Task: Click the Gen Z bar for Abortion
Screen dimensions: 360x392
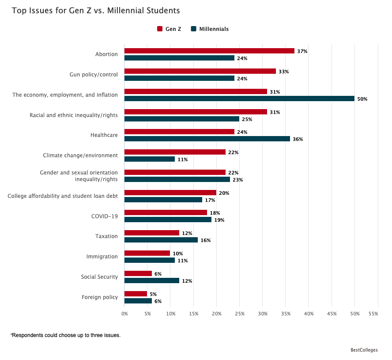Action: (x=209, y=51)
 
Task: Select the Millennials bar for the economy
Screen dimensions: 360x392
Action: (x=239, y=99)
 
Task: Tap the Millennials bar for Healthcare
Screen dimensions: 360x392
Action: (x=207, y=139)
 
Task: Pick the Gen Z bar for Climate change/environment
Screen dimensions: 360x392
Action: (x=175, y=152)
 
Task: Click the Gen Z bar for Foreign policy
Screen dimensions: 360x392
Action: (x=136, y=294)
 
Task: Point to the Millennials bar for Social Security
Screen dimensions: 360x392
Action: (x=152, y=280)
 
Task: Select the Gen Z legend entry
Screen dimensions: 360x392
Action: (x=169, y=29)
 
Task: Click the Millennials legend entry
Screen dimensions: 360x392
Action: (x=210, y=29)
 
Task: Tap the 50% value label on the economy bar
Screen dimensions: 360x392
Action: (x=362, y=99)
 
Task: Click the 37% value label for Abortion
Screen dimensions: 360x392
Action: (x=302, y=51)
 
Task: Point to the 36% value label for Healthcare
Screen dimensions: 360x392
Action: (x=298, y=139)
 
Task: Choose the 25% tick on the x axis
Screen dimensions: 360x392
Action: (x=239, y=314)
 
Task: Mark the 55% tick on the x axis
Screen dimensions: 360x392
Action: (x=373, y=314)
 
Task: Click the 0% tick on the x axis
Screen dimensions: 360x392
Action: (x=124, y=314)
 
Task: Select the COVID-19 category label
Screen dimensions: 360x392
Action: (x=105, y=216)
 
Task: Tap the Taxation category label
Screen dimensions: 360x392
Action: (x=106, y=236)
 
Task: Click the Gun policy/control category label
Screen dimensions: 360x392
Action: (x=94, y=75)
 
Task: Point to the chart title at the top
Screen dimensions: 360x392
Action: (x=96, y=10)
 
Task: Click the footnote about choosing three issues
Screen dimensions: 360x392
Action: (x=65, y=335)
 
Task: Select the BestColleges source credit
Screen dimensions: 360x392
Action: (x=364, y=350)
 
